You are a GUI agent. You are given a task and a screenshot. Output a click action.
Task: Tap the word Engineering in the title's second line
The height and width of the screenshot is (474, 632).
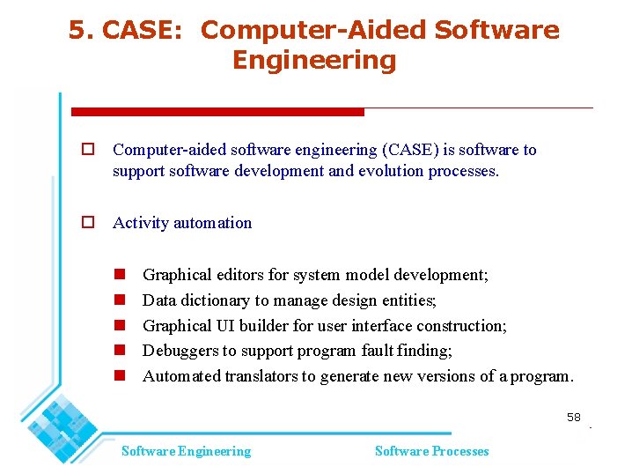[x=314, y=61]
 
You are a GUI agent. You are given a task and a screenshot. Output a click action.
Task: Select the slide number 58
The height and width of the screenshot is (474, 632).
[x=574, y=417]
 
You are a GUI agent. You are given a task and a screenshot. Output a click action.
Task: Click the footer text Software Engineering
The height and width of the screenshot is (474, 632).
[x=186, y=451]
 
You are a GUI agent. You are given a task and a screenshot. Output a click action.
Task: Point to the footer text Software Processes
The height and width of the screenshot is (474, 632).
[x=431, y=451]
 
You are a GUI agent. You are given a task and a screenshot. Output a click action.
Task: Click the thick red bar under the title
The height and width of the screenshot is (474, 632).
[x=217, y=112]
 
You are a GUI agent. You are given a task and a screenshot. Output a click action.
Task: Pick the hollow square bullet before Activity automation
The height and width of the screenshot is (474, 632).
[x=88, y=223]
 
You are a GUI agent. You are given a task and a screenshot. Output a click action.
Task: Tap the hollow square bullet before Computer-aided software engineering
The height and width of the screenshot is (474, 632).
[x=88, y=150]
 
